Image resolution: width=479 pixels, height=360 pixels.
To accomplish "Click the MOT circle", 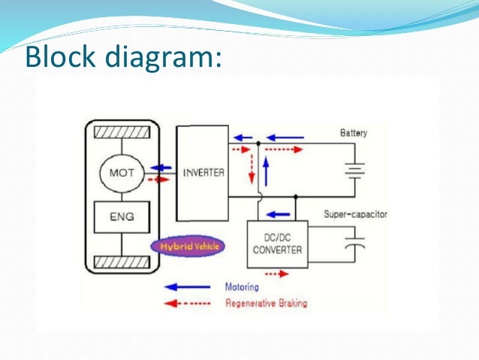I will (122, 173).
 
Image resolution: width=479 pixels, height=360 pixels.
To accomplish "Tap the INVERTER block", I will (203, 173).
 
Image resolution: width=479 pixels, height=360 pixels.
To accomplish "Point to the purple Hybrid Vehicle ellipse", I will (187, 247).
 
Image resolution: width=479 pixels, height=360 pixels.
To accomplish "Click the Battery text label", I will (354, 133).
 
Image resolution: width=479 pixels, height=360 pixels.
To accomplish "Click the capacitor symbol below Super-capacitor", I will (354, 244).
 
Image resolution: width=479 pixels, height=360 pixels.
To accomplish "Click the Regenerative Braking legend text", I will (266, 304).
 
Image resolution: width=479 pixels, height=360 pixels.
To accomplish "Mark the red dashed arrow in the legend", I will (183, 304).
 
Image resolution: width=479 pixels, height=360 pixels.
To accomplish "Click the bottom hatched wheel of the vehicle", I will (122, 263).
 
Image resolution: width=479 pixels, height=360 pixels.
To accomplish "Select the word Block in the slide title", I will (58, 56).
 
